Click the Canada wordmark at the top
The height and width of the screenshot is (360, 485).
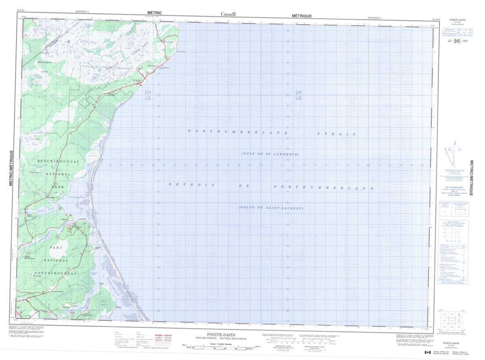click(228, 14)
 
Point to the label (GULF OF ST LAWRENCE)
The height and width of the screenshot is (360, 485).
click(270, 154)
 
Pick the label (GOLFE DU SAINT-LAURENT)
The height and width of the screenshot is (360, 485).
click(270, 208)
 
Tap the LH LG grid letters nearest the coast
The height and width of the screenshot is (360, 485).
click(148, 95)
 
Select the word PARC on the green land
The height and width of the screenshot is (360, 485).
click(47, 247)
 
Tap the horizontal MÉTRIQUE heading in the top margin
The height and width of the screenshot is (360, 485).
click(302, 15)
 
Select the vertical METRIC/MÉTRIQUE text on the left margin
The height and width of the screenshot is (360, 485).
click(12, 168)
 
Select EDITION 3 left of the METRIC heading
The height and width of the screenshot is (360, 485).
click(82, 12)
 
